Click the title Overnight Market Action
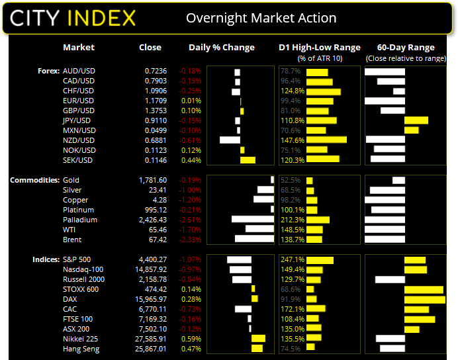pos(261,18)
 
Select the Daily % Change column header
pos(222,48)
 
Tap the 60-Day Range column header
pos(406,48)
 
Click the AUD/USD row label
pos(79,71)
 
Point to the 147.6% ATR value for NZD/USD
pos(292,140)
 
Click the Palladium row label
pos(79,220)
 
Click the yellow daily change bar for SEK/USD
pos(248,160)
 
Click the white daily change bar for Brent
pos(254,240)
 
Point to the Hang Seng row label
pos(81,349)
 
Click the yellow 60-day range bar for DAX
pos(424,299)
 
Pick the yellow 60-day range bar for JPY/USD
pos(416,120)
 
